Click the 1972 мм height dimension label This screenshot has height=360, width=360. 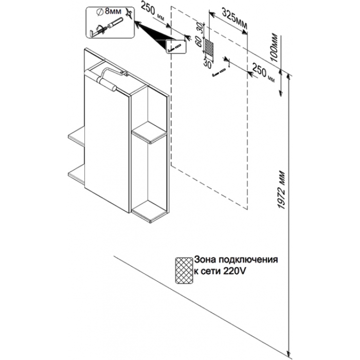(x=282, y=190)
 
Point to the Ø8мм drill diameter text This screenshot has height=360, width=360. (x=109, y=11)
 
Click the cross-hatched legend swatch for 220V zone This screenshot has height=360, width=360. (x=184, y=270)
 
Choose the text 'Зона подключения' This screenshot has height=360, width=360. (x=236, y=260)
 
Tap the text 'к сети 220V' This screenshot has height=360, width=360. (x=220, y=271)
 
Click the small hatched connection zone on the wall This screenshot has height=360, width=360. (x=209, y=50)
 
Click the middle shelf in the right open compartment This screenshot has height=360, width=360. (x=149, y=132)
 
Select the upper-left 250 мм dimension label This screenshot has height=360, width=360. (x=152, y=11)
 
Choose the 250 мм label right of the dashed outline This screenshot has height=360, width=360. (x=263, y=73)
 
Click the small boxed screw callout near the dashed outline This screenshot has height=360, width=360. (x=176, y=46)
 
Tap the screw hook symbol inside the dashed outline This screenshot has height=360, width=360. (x=219, y=73)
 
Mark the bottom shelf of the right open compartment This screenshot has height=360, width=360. (x=149, y=212)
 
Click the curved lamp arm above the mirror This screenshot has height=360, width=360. (x=113, y=71)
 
